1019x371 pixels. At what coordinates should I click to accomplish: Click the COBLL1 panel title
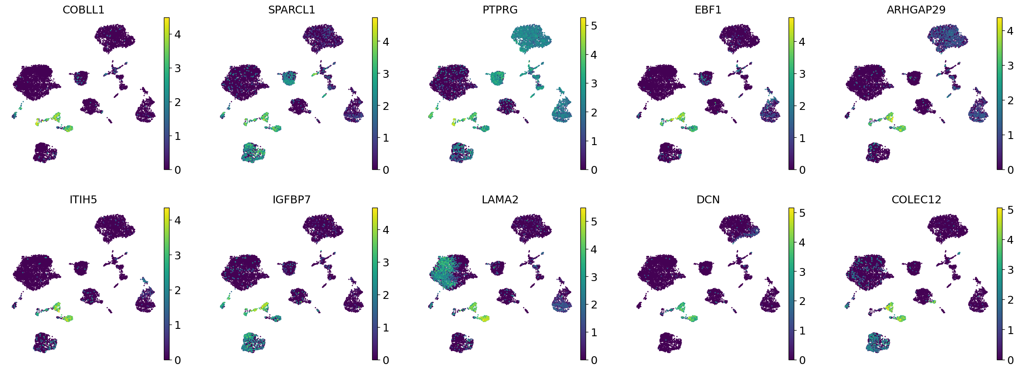(83, 10)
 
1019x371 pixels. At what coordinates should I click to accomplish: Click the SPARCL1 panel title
(291, 10)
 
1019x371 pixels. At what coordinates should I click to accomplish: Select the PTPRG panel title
(500, 10)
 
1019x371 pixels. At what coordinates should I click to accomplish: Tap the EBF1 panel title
(708, 10)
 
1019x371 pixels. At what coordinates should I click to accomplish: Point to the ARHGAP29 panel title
(916, 10)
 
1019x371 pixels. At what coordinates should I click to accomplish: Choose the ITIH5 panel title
(83, 200)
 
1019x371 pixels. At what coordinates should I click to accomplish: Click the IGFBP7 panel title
(291, 200)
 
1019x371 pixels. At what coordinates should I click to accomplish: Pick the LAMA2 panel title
(500, 200)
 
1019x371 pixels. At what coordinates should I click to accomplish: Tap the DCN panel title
(708, 200)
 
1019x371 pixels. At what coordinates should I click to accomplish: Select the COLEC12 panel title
(916, 200)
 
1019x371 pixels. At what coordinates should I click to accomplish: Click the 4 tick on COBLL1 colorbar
(177, 34)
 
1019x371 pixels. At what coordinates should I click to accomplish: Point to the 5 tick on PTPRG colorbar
(594, 26)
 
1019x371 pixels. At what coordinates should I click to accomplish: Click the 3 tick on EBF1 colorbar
(802, 74)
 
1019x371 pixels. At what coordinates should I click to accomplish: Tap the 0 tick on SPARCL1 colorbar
(386, 170)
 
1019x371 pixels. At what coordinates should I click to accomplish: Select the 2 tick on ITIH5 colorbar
(177, 290)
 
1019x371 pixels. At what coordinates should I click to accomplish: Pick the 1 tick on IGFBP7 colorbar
(386, 328)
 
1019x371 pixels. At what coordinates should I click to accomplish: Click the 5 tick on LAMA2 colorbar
(594, 222)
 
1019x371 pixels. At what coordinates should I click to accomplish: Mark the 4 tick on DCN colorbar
(802, 242)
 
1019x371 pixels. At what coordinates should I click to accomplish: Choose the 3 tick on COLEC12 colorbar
(1010, 270)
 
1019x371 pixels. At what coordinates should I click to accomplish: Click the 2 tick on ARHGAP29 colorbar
(1010, 100)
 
